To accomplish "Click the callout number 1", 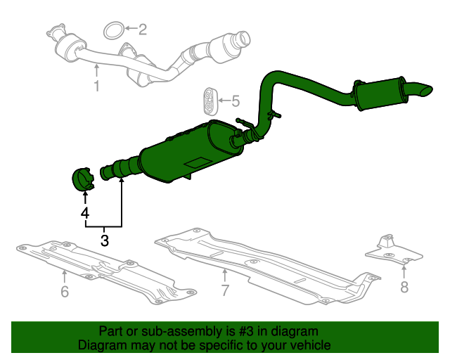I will (96, 86).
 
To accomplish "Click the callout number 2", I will (142, 30).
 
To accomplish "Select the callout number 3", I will (105, 241).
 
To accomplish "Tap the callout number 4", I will (84, 212).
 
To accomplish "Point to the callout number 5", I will (235, 101).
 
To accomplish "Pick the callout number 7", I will (225, 290).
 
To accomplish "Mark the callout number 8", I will (404, 286).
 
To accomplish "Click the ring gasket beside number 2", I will (113, 30).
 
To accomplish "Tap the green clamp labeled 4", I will (84, 179).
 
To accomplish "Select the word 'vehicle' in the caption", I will (309, 345).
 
